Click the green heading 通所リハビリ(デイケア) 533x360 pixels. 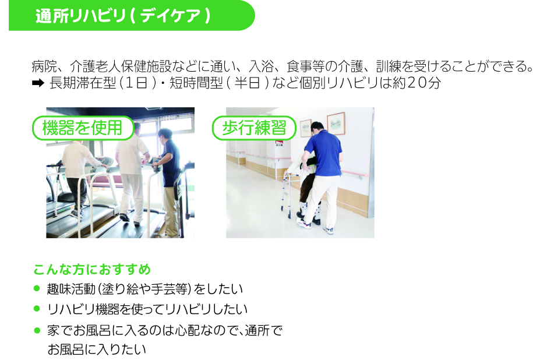tap(123, 16)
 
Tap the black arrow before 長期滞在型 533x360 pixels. tap(38, 83)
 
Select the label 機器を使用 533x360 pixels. tap(83, 128)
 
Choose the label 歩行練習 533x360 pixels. tap(254, 128)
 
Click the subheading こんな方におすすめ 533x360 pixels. tap(92, 269)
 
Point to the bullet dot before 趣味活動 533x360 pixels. tap(37, 288)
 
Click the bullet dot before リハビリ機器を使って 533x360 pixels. tap(37, 309)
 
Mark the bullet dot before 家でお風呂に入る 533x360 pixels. tap(37, 330)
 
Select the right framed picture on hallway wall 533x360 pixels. tap(336, 123)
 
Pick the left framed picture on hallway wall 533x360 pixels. tap(306, 128)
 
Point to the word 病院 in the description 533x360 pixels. tap(44, 66)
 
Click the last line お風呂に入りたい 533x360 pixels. tap(97, 350)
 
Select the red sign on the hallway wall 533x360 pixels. tap(280, 141)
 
